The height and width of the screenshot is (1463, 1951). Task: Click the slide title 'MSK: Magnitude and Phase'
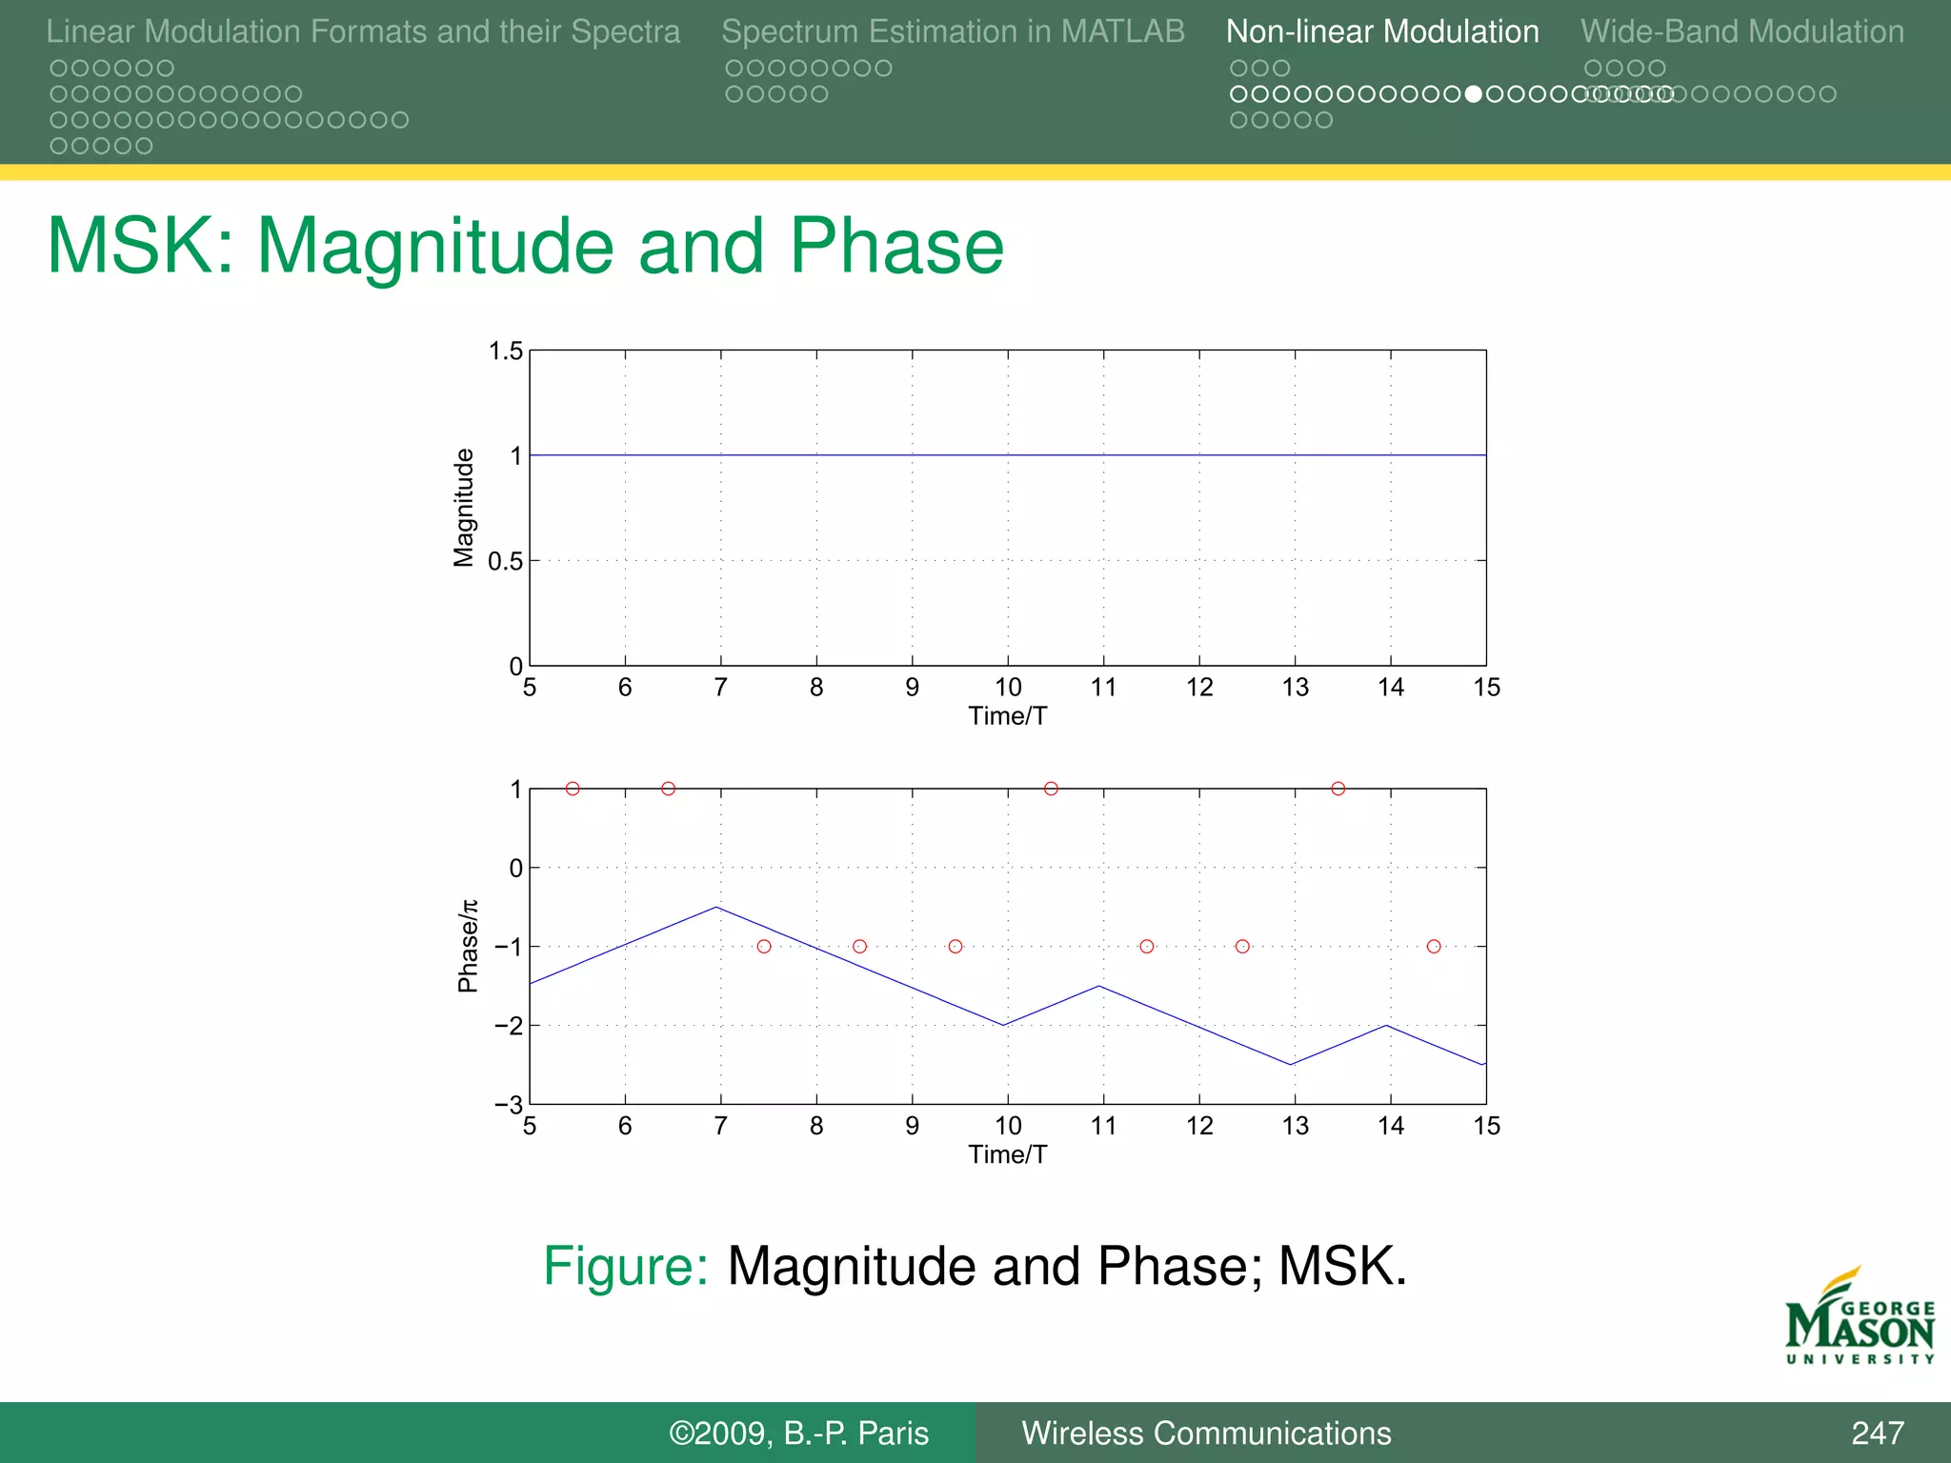525,246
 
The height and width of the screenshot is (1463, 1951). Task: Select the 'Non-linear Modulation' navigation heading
1381,31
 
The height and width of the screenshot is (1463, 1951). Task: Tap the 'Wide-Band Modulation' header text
1741,31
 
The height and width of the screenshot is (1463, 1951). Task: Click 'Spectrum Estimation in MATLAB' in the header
953,31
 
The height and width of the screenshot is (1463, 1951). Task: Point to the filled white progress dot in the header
1473,94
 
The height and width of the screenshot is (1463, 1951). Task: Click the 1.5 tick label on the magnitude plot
506,351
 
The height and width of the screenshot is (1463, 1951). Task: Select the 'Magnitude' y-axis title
463,508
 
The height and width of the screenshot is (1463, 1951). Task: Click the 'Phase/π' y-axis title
467,946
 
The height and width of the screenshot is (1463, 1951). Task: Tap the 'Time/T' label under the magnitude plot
1007,716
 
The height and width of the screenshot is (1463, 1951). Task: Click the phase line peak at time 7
716,907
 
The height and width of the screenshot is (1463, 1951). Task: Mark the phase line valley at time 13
1291,1064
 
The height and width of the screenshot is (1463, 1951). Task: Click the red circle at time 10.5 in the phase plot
1051,789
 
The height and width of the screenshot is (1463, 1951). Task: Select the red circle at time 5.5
573,789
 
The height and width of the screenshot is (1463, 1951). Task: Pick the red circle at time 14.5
1434,946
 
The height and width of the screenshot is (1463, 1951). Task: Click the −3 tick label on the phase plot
508,1105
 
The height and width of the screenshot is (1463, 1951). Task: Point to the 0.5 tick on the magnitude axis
505,561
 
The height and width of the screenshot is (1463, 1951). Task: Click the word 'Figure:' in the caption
625,1266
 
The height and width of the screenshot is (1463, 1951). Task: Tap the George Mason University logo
1859,1319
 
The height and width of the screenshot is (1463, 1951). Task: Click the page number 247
1877,1433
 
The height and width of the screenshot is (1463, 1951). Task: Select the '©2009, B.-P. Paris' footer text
798,1433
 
